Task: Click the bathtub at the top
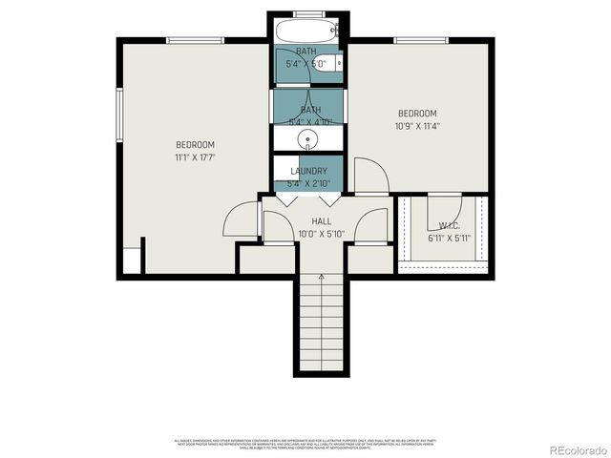308,31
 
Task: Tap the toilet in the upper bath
339,64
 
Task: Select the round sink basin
308,141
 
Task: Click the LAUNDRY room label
308,171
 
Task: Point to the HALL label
308,220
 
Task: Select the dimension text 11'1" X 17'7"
195,156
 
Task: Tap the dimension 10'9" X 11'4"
417,125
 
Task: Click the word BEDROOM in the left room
195,144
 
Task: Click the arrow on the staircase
322,279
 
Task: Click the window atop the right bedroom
421,40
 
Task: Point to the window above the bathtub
308,13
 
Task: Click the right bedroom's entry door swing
370,176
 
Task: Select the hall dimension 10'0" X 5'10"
308,233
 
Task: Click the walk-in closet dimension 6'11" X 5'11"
449,238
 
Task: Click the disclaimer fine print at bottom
305,444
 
